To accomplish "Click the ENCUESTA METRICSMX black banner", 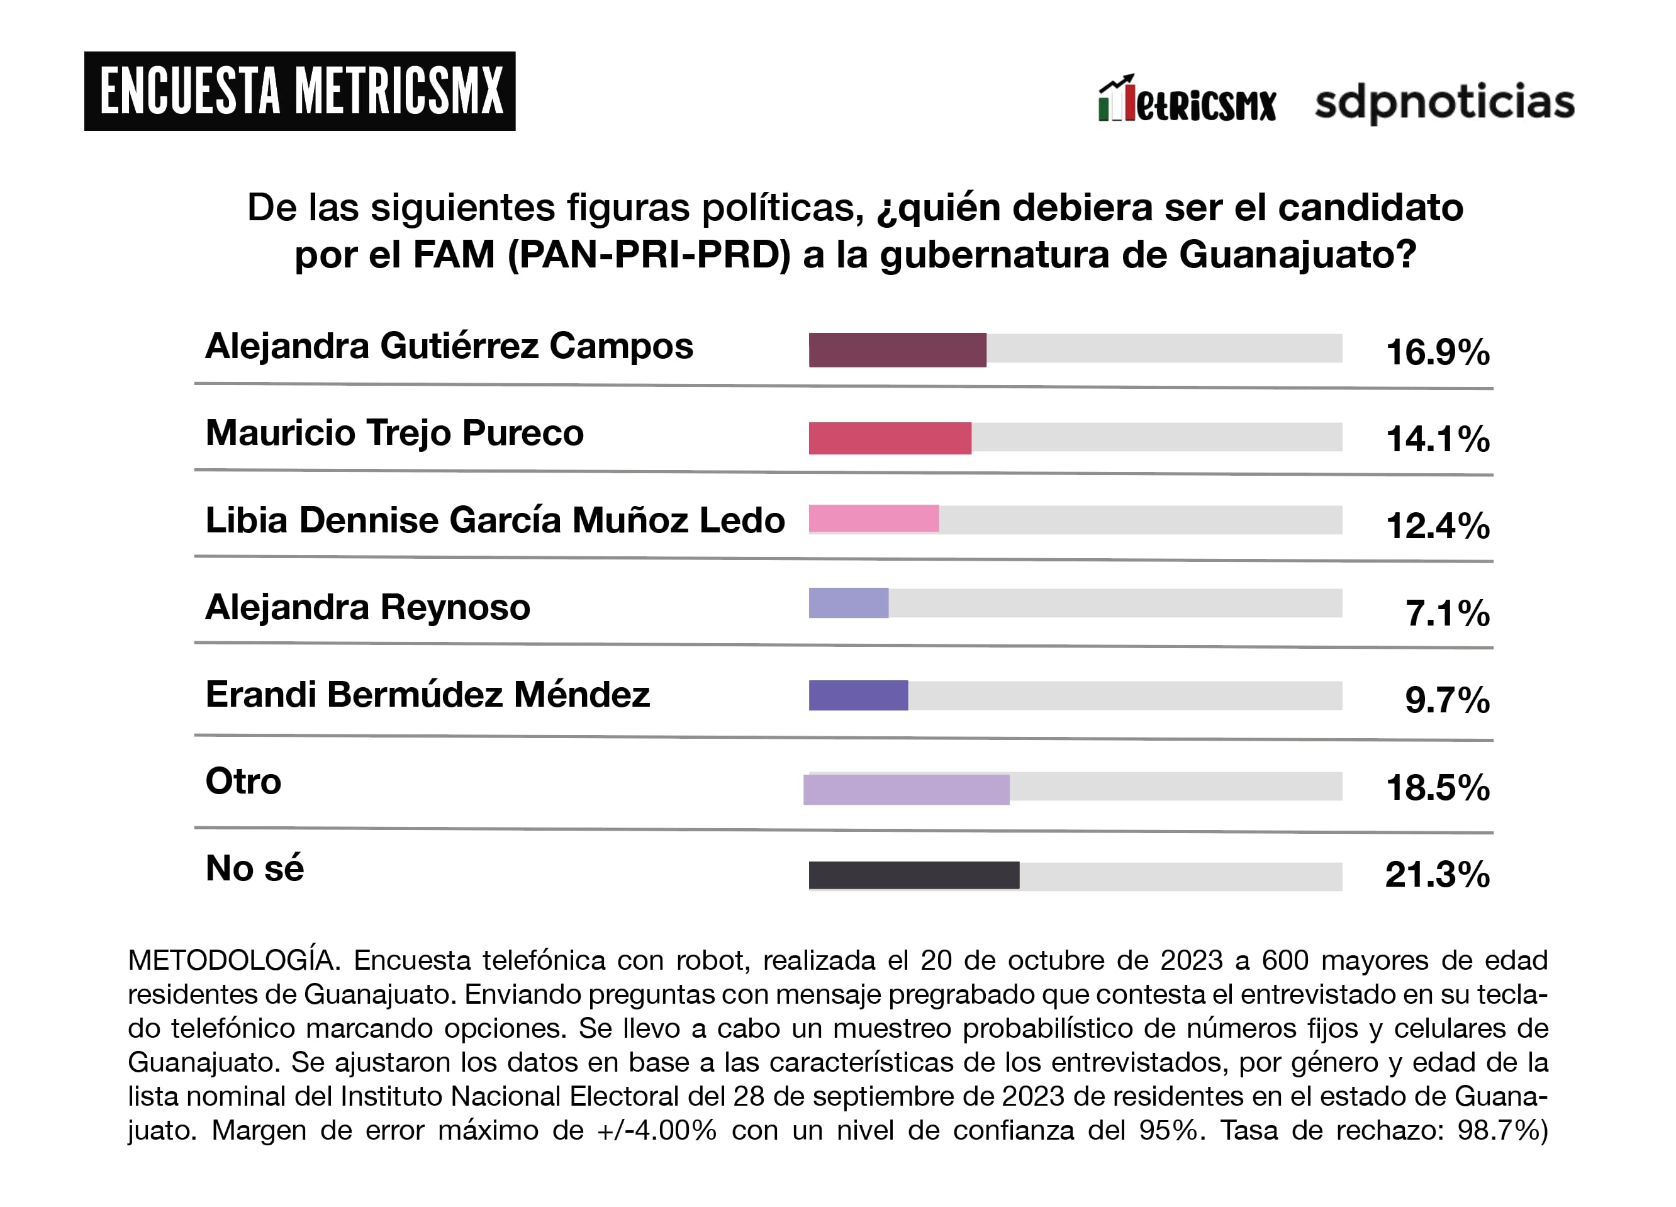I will (x=299, y=91).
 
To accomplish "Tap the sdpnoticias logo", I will (x=1444, y=101).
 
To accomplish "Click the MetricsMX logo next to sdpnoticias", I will (x=1187, y=100).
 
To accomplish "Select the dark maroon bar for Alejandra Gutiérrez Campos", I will (x=897, y=350).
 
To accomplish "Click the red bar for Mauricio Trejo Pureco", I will (x=890, y=437).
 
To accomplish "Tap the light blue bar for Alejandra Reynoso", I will (x=848, y=602).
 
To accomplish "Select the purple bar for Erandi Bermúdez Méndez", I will (x=858, y=695).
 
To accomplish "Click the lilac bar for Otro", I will (x=906, y=789).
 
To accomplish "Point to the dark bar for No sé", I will (x=913, y=875).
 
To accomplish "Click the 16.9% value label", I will (x=1438, y=352).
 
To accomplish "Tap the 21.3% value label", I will (x=1438, y=874).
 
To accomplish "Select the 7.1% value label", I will (x=1447, y=613).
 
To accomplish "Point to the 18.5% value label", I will (x=1438, y=787).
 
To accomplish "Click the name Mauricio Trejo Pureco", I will (x=394, y=433).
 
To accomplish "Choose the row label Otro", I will (x=243, y=781).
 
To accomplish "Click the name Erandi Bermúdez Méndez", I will (x=427, y=694).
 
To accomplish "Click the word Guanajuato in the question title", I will (x=1297, y=255).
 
